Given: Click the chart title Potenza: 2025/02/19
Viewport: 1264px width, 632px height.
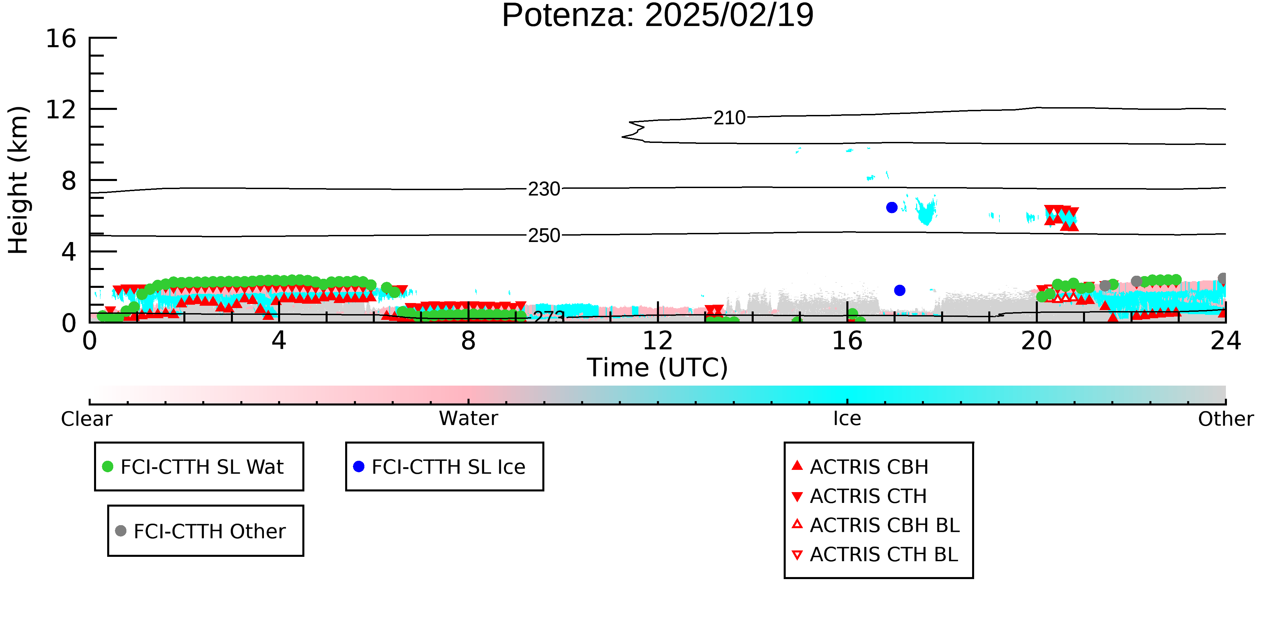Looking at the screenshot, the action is (x=658, y=16).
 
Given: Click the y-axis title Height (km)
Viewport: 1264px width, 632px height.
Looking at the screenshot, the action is (x=18, y=180).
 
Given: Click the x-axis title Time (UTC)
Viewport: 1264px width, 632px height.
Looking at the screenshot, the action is (x=658, y=367).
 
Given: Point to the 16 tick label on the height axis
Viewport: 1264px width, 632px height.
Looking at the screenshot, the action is (x=61, y=38).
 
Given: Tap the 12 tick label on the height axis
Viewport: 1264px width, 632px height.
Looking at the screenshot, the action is (x=61, y=110).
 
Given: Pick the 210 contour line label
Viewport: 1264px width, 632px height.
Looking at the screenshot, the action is (x=729, y=118).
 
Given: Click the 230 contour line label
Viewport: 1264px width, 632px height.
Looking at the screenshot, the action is (x=544, y=189).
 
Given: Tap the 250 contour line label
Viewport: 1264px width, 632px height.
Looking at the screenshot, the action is (x=544, y=236).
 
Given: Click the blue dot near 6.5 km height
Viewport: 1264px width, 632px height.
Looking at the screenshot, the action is (x=892, y=208).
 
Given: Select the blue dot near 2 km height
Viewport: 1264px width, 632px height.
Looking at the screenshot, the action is (x=899, y=291).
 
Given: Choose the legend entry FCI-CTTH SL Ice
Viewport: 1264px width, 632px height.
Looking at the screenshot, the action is (x=440, y=467).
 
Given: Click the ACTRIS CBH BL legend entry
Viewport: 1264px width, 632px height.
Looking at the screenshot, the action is (x=876, y=525).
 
